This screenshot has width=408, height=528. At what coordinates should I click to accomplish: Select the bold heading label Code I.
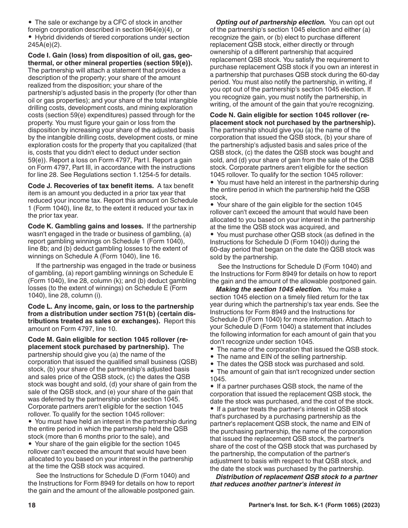click(39, 56)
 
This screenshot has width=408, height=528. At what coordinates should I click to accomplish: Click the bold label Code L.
click(39, 306)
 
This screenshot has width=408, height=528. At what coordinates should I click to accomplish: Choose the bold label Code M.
click(40, 339)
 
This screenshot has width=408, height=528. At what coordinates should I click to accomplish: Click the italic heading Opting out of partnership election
click(270, 22)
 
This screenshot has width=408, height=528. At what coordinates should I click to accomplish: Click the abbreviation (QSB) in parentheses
click(188, 362)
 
